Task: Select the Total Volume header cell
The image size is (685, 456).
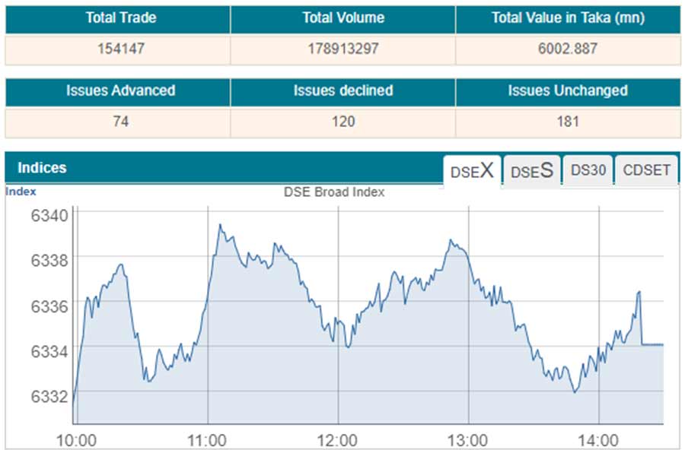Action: pyautogui.click(x=342, y=18)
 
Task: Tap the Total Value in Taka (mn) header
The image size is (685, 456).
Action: pyautogui.click(x=568, y=18)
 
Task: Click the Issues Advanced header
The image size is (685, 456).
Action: pyautogui.click(x=120, y=91)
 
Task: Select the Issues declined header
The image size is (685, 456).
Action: pyautogui.click(x=342, y=91)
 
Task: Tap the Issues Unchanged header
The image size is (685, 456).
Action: pyautogui.click(x=568, y=91)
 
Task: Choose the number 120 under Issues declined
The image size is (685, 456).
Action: pyautogui.click(x=342, y=122)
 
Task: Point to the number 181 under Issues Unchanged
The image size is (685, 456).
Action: pyautogui.click(x=568, y=122)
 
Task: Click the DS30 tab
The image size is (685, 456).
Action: pyautogui.click(x=588, y=171)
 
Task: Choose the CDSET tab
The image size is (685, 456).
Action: pyautogui.click(x=647, y=171)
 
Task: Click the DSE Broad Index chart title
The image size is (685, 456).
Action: pyautogui.click(x=334, y=192)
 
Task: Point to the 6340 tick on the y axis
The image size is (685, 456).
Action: pyautogui.click(x=49, y=214)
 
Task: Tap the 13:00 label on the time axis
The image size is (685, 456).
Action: pyautogui.click(x=467, y=441)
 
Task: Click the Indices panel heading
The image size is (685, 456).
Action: pyautogui.click(x=42, y=168)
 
